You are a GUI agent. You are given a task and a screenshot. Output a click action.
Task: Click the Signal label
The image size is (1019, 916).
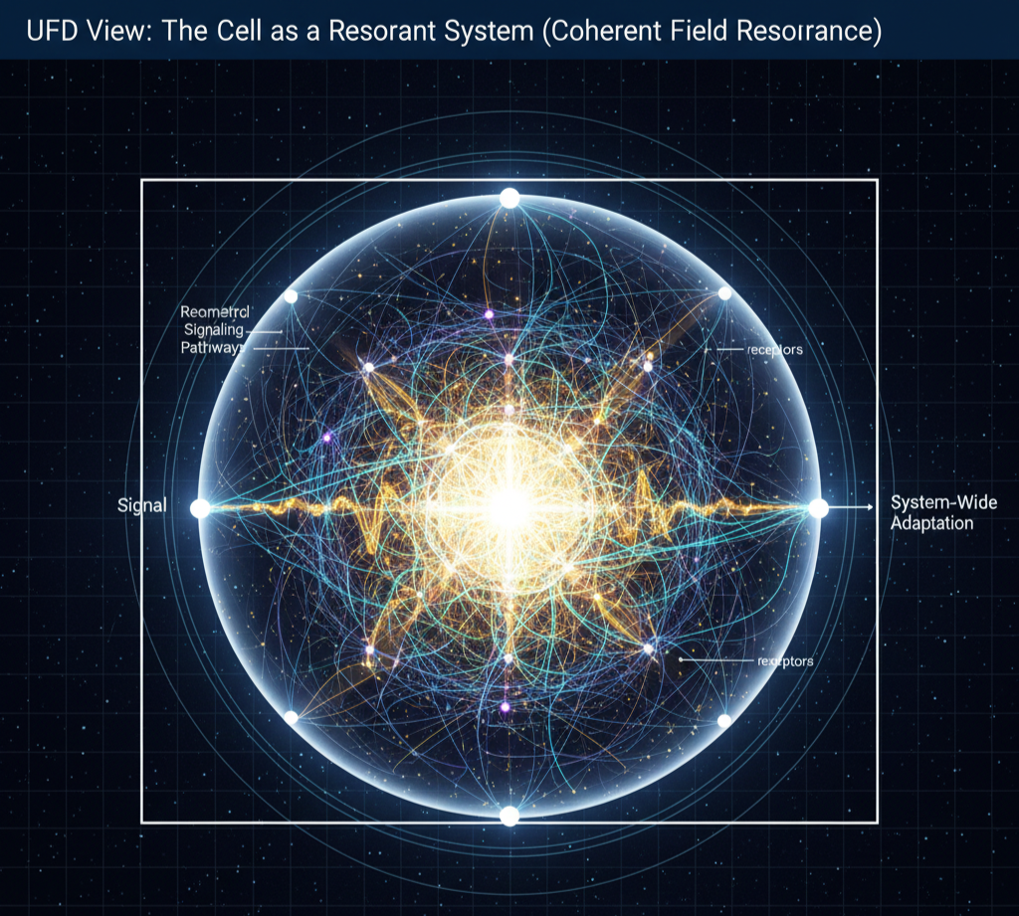[x=141, y=506]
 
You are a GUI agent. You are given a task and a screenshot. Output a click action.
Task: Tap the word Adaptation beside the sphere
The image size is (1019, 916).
[x=931, y=523]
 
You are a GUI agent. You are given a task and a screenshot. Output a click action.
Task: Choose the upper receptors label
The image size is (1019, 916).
[x=774, y=350]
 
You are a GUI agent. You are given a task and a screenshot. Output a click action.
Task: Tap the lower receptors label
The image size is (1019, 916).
[x=785, y=659]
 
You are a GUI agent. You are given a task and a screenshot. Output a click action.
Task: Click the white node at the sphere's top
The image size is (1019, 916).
[x=509, y=198]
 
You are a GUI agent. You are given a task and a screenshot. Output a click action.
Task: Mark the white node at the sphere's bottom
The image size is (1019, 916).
[x=509, y=816]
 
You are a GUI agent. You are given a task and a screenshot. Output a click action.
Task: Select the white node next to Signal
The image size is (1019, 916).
[x=200, y=508]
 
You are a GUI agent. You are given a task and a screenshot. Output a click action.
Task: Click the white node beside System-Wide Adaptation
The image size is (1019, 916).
[x=818, y=508]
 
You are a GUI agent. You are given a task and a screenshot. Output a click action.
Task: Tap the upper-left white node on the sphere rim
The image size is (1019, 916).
[x=291, y=296]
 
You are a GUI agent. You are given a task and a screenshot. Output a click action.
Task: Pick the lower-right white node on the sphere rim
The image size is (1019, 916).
[x=724, y=720]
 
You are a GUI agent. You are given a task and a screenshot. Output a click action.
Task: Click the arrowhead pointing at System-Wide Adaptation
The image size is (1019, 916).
[x=871, y=507]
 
